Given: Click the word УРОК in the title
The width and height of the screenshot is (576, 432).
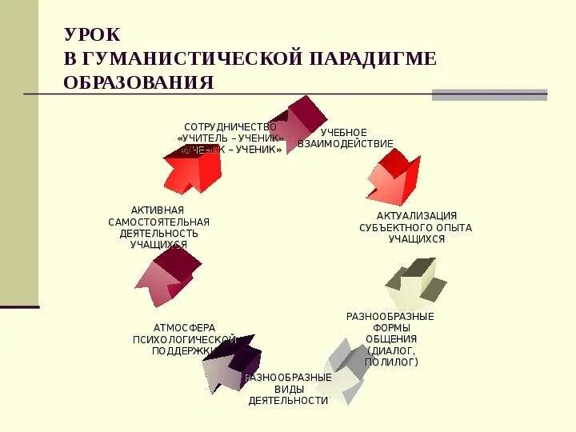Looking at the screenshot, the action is pos(93,34).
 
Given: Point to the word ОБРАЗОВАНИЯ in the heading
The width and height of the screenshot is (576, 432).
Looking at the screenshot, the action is pos(138,82).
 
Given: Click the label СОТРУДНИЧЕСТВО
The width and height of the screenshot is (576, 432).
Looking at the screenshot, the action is pos(230,127).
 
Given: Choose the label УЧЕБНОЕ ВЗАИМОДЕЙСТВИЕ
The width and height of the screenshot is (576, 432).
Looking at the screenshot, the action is pos(345,138).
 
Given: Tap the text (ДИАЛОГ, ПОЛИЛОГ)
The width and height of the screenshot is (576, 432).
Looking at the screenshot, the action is pos(391,356).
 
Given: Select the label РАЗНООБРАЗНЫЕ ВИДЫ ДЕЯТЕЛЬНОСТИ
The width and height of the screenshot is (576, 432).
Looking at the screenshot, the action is pos(288,389).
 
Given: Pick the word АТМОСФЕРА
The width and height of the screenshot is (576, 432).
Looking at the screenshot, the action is pos(184,327).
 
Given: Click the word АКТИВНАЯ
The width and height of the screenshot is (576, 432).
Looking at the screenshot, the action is pos(151,210).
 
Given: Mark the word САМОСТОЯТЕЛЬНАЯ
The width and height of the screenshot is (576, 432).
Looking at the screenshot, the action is pos(159,222).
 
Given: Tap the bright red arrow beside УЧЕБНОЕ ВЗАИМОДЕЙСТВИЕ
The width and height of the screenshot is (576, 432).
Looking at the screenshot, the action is pos(394,178).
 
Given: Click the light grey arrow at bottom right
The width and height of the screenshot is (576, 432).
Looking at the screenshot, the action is pos(344,370).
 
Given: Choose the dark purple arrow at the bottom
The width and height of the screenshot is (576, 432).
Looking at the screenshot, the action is pos(230,362).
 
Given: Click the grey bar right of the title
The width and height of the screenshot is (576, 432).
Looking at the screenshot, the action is pos(489,94).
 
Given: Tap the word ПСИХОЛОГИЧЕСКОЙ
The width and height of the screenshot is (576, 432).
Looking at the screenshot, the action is pos(184,339).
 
